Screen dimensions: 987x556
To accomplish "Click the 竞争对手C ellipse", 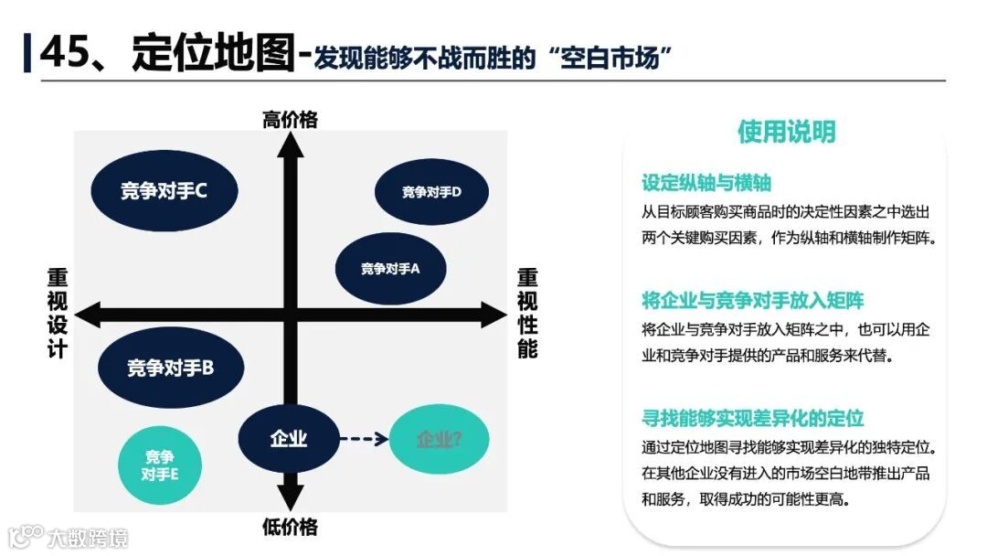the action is pos(164,190).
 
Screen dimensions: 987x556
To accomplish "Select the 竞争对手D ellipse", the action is pos(431,192).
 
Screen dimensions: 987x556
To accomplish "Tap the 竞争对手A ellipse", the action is pos(390,269).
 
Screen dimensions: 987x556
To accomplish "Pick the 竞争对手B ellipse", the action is pos(171,368).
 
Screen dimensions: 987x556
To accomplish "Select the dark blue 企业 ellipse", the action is pos(288,439).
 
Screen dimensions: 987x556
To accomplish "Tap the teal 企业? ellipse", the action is pos(439,439).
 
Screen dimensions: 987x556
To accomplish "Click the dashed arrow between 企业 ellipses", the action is pos(364,439).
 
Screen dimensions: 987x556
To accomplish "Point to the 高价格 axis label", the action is pos(290,119).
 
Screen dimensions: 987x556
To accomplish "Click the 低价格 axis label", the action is pos(290,527).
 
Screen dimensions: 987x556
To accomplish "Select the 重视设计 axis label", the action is pos(58,313).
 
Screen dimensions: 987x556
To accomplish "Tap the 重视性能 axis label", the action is pos(527,313).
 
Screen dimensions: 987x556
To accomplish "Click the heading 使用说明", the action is pos(786,132).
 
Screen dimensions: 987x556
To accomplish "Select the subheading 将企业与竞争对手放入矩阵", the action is pos(752,301).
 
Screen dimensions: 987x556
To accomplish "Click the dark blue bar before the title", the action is pos(27,52).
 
